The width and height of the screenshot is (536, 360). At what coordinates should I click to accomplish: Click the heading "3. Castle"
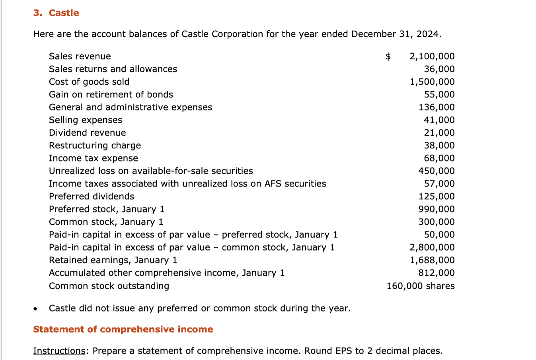click(x=56, y=13)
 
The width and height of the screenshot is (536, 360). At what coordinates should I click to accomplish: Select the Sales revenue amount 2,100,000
click(x=432, y=56)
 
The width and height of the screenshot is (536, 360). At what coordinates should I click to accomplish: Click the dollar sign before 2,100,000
click(x=388, y=56)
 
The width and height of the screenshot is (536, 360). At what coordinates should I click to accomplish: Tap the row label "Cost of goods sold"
click(x=89, y=82)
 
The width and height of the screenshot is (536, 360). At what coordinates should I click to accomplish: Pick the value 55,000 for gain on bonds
click(x=439, y=95)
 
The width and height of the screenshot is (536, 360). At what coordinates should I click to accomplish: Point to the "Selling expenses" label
click(x=86, y=120)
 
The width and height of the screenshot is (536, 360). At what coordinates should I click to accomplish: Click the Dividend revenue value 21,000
click(x=439, y=133)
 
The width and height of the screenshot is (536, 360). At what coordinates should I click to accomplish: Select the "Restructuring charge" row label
click(x=95, y=146)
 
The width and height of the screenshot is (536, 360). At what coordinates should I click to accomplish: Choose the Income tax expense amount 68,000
click(x=439, y=158)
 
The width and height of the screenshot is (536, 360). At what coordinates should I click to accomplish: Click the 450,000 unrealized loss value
click(x=436, y=171)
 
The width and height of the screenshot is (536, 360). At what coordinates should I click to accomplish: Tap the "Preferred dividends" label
click(x=92, y=197)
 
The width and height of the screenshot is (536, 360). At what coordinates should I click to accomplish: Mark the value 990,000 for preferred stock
click(x=436, y=209)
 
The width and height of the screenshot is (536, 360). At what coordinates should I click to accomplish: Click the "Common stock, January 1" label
click(x=106, y=222)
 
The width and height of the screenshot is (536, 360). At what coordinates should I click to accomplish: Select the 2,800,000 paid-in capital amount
click(x=432, y=247)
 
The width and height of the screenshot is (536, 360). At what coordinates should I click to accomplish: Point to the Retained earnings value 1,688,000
click(x=432, y=260)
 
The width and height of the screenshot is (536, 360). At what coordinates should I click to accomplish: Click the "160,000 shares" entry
click(x=420, y=286)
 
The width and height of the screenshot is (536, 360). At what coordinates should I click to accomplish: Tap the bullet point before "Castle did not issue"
click(x=36, y=309)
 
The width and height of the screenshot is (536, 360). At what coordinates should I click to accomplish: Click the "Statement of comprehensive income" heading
click(x=123, y=329)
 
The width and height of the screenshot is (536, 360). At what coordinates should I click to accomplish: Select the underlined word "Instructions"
click(x=59, y=351)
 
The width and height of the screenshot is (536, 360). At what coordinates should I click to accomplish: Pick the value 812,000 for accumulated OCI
click(x=436, y=273)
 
